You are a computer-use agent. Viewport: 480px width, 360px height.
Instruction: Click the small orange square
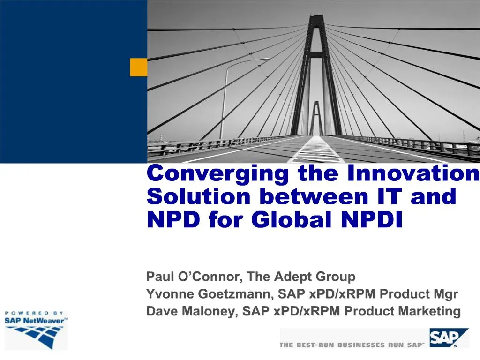pyautogui.click(x=139, y=67)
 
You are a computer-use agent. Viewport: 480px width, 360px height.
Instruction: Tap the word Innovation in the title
pyautogui.click(x=413, y=173)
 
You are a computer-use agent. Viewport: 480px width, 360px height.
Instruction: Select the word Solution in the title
pyautogui.click(x=199, y=196)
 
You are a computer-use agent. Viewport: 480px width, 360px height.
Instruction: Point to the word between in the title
pyautogui.click(x=314, y=196)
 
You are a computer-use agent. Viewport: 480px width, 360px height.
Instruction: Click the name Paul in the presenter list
pyautogui.click(x=160, y=277)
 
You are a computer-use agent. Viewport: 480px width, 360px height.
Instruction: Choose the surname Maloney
pyautogui.click(x=210, y=311)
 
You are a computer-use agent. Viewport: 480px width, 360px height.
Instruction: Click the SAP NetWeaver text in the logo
pyautogui.click(x=35, y=321)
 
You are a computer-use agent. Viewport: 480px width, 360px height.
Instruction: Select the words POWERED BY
pyautogui.click(x=34, y=313)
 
